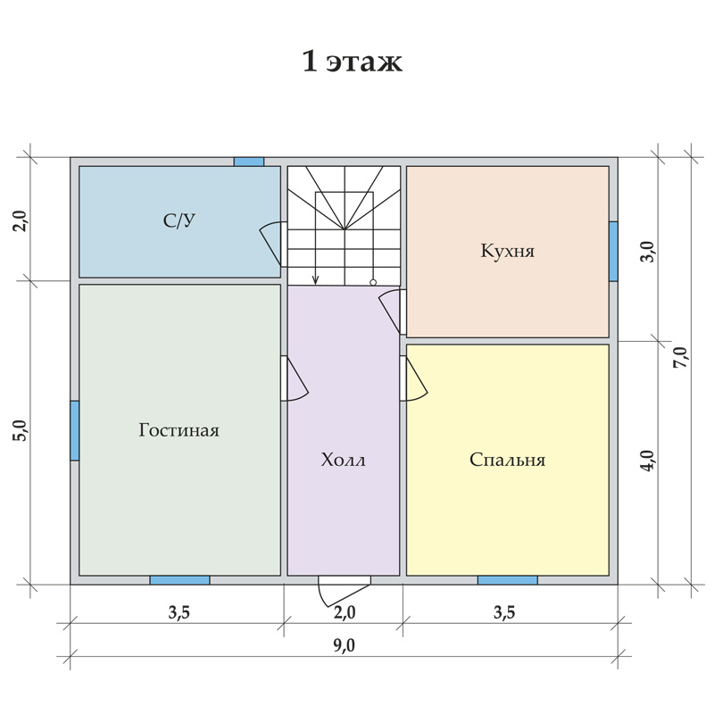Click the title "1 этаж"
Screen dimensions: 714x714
(x=352, y=62)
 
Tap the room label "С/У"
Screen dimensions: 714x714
(x=179, y=220)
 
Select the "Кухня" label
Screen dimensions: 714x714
(x=507, y=251)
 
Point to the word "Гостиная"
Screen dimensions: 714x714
(x=179, y=430)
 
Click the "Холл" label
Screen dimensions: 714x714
(x=343, y=460)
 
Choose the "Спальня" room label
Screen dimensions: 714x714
(x=507, y=460)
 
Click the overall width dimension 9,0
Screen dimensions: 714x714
(x=344, y=645)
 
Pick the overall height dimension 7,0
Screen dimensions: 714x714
(x=682, y=358)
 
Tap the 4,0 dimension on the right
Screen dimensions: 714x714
(x=649, y=461)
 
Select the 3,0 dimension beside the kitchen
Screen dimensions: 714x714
(x=649, y=252)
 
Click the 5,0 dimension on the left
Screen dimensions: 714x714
(x=21, y=430)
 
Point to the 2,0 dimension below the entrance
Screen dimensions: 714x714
(x=345, y=612)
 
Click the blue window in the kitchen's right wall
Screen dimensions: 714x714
(x=613, y=252)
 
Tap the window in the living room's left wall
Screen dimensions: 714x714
(x=75, y=430)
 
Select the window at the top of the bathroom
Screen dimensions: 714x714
(x=249, y=162)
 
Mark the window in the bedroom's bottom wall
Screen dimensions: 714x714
(x=507, y=580)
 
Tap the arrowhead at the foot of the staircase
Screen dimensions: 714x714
(x=316, y=281)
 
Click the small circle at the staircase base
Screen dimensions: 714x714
(x=373, y=283)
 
